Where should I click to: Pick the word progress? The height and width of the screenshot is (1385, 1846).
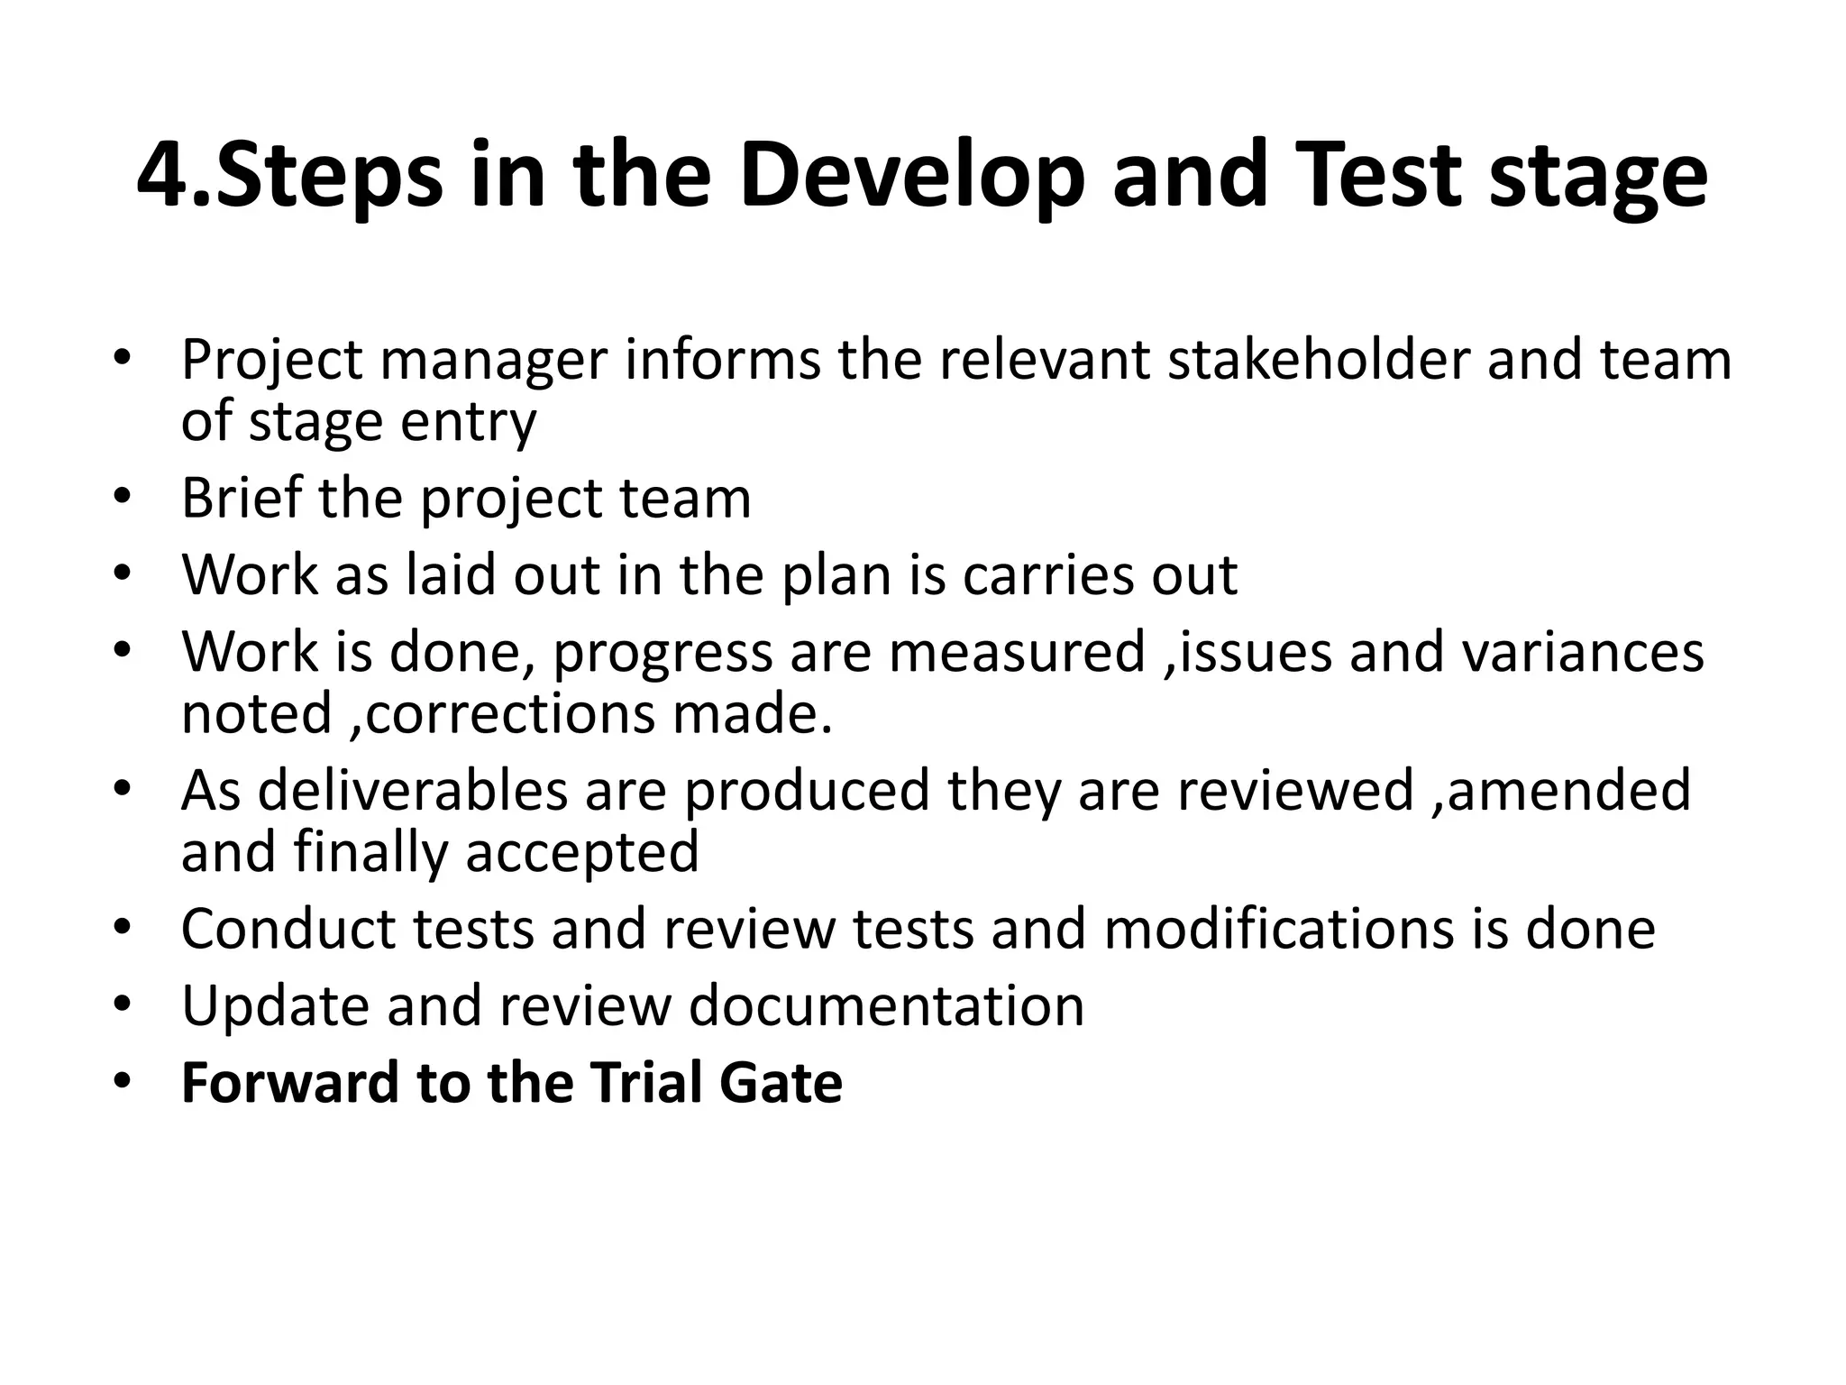pos(663,651)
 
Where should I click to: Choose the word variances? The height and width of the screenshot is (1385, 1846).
pos(1583,651)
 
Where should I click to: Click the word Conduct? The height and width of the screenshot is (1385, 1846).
pos(288,929)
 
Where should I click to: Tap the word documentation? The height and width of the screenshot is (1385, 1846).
pos(887,1005)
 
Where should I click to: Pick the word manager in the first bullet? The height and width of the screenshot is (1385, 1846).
pos(495,360)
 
